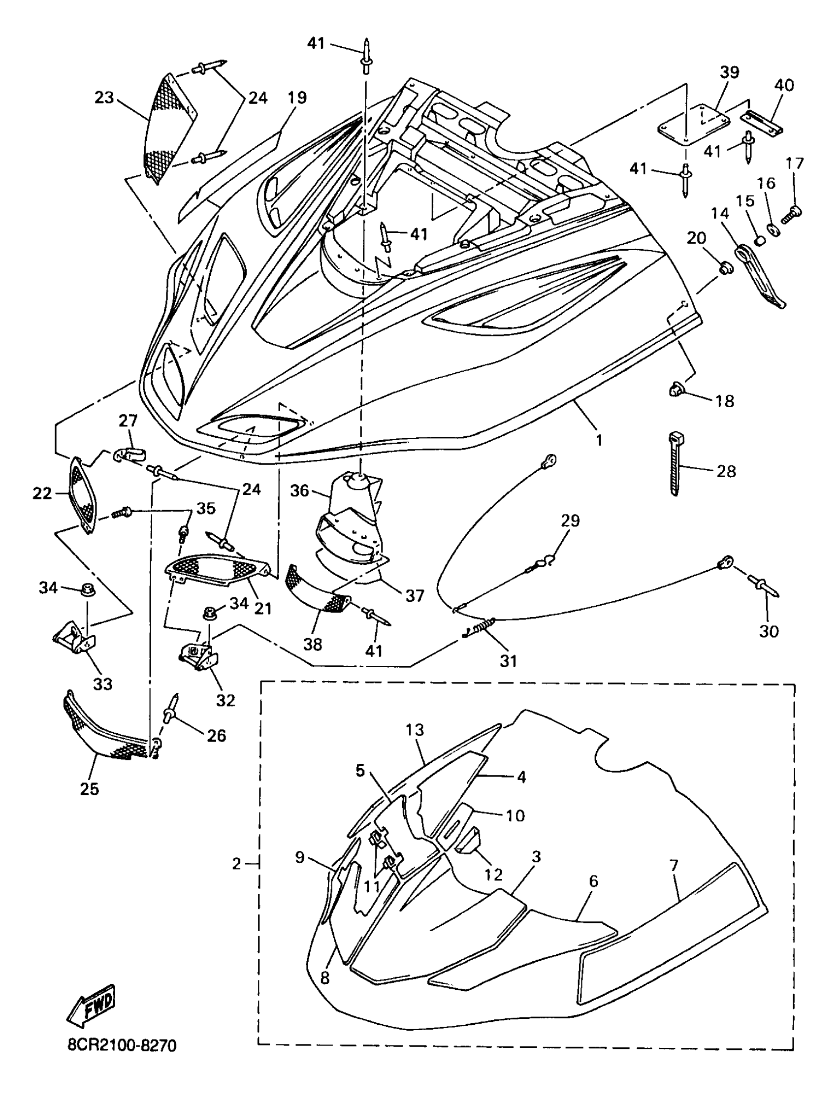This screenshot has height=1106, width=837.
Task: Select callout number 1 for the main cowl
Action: coord(599,440)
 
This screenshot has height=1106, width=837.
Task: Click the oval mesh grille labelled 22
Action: coord(81,495)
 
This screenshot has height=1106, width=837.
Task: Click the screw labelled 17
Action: coord(792,215)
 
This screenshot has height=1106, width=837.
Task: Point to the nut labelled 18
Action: coord(677,389)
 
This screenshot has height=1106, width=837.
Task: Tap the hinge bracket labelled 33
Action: coord(73,638)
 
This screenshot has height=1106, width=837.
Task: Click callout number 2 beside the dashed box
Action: coord(236,864)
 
